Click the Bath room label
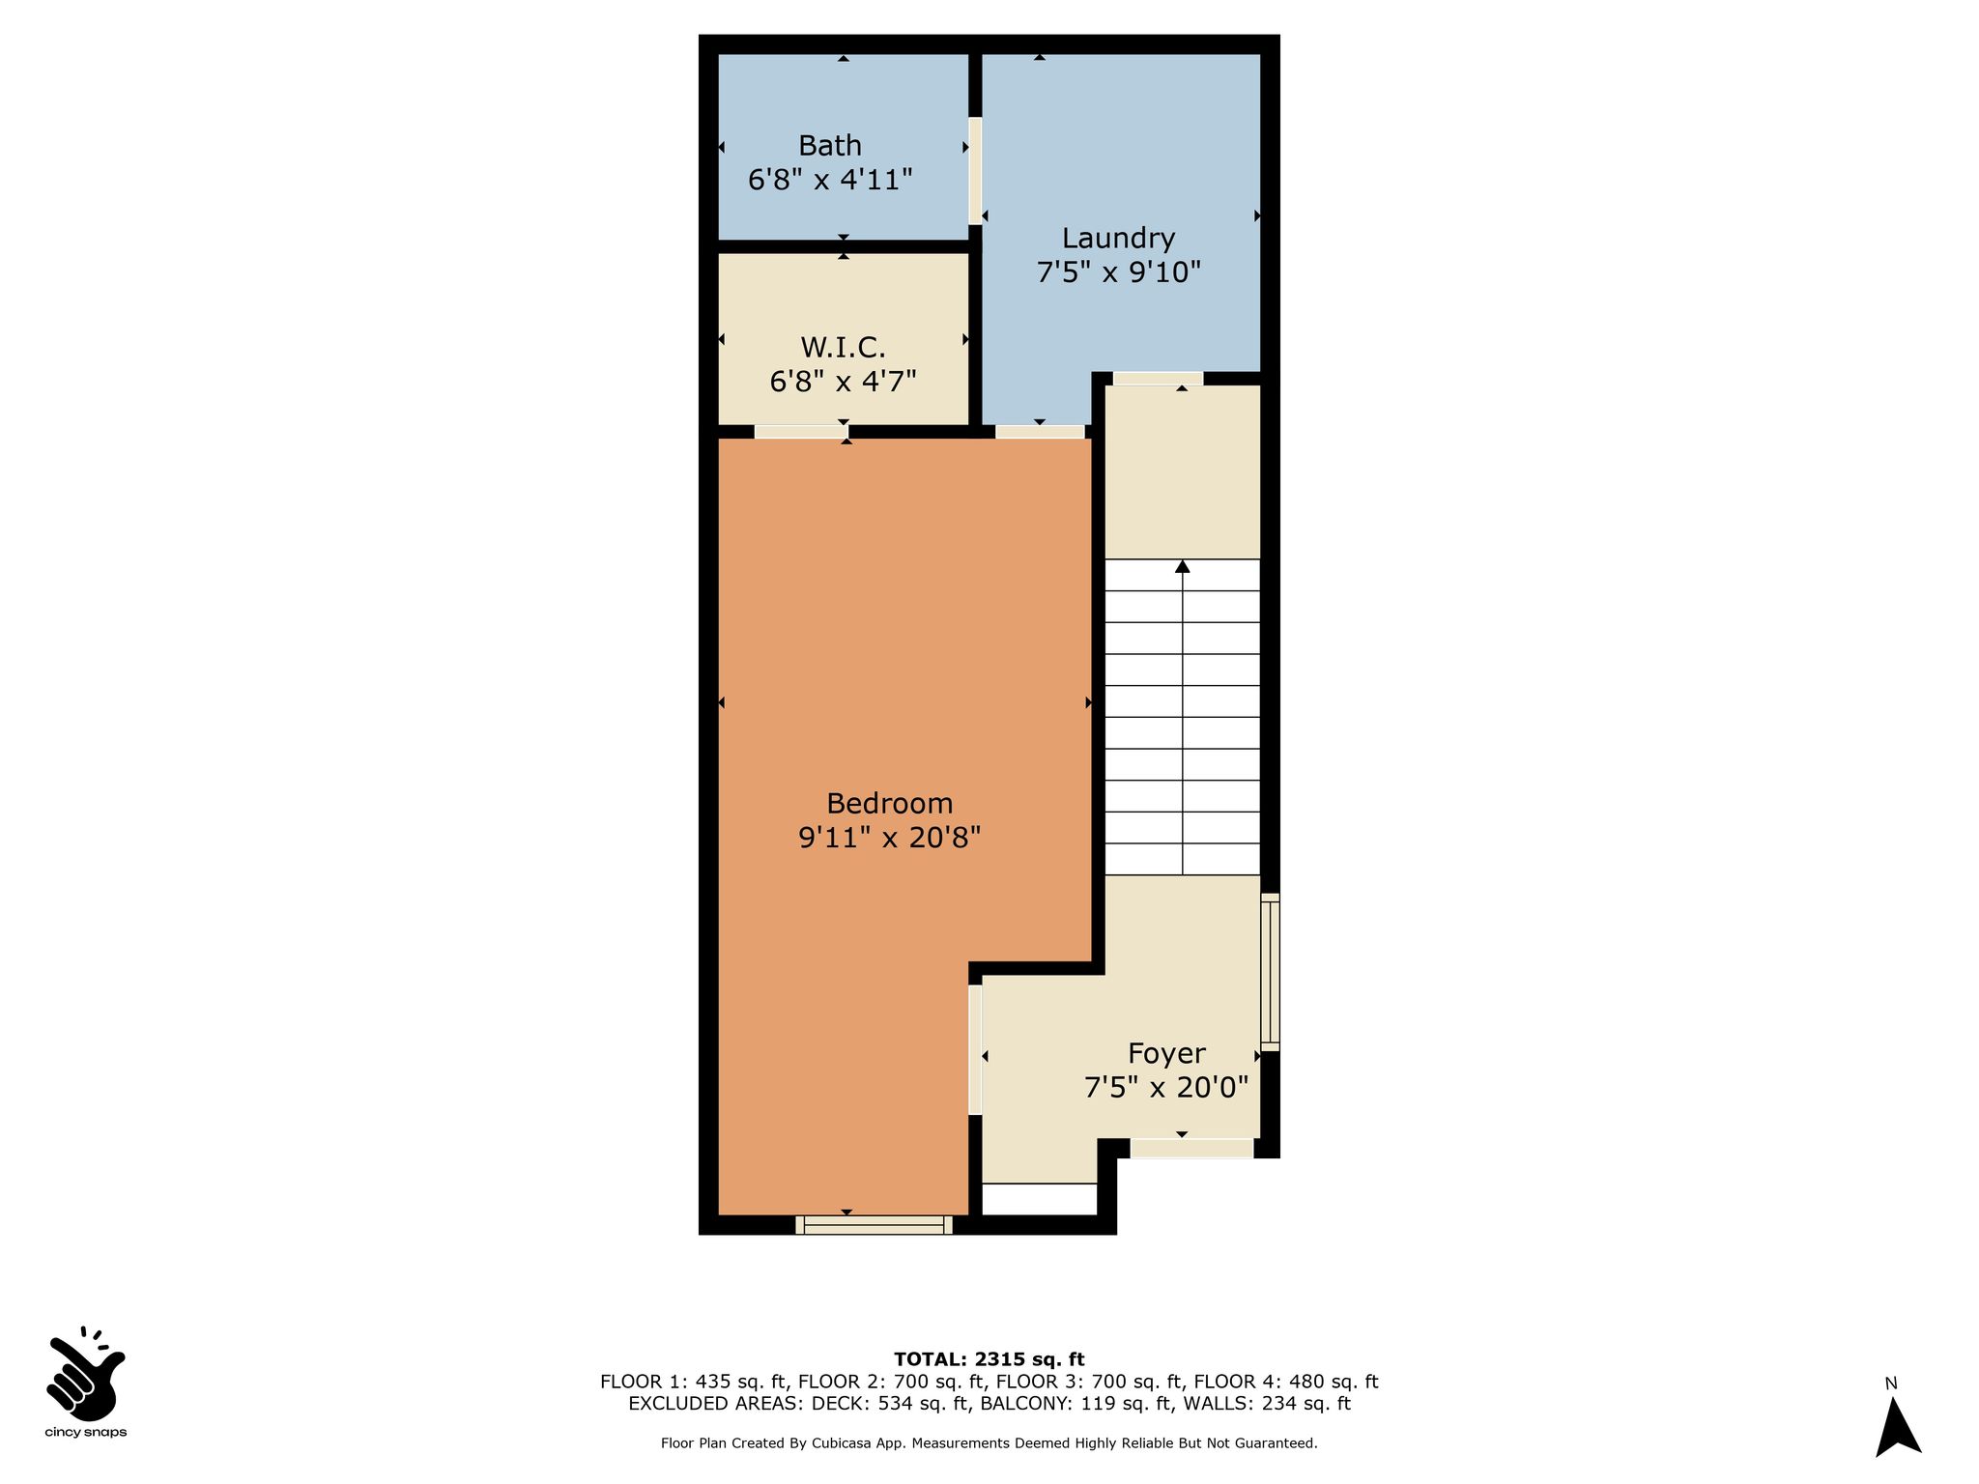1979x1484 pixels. tap(830, 146)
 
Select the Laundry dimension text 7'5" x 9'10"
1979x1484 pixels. tap(1118, 272)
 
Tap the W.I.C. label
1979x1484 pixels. tap(843, 347)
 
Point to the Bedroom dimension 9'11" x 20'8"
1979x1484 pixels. tap(889, 837)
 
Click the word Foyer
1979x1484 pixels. tap(1166, 1054)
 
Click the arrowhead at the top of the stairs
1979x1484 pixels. tap(1182, 566)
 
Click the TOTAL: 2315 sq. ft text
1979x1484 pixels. tap(989, 1359)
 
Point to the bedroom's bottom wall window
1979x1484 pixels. tap(874, 1225)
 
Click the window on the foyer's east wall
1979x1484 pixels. tap(1270, 972)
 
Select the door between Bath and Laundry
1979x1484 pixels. tap(975, 171)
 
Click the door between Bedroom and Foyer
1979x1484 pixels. tap(975, 1049)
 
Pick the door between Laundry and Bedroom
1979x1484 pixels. tap(1040, 432)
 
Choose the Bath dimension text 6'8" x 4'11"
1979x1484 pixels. tap(830, 180)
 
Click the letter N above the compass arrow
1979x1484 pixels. tap(1891, 1384)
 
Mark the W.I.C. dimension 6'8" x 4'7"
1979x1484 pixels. tap(843, 382)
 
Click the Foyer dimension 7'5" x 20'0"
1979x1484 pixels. tap(1166, 1089)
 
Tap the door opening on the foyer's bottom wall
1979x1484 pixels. tap(1192, 1148)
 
